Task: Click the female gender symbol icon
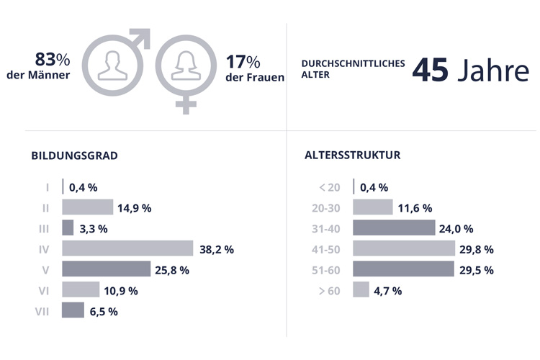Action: click(x=186, y=68)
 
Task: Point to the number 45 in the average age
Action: click(x=431, y=73)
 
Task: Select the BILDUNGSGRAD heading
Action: click(x=75, y=155)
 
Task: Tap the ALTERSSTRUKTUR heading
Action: click(x=353, y=155)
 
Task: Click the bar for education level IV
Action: click(x=127, y=249)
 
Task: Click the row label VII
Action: click(x=42, y=311)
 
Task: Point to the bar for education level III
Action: click(x=68, y=228)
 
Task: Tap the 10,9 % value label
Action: click(x=121, y=290)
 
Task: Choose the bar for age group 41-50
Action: click(x=404, y=249)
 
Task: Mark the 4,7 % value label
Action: click(x=387, y=291)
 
